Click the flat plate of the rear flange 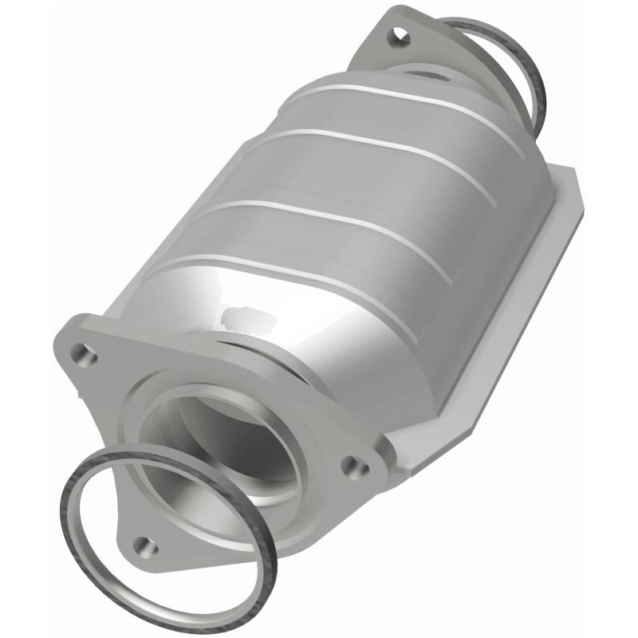(x=375, y=56)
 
